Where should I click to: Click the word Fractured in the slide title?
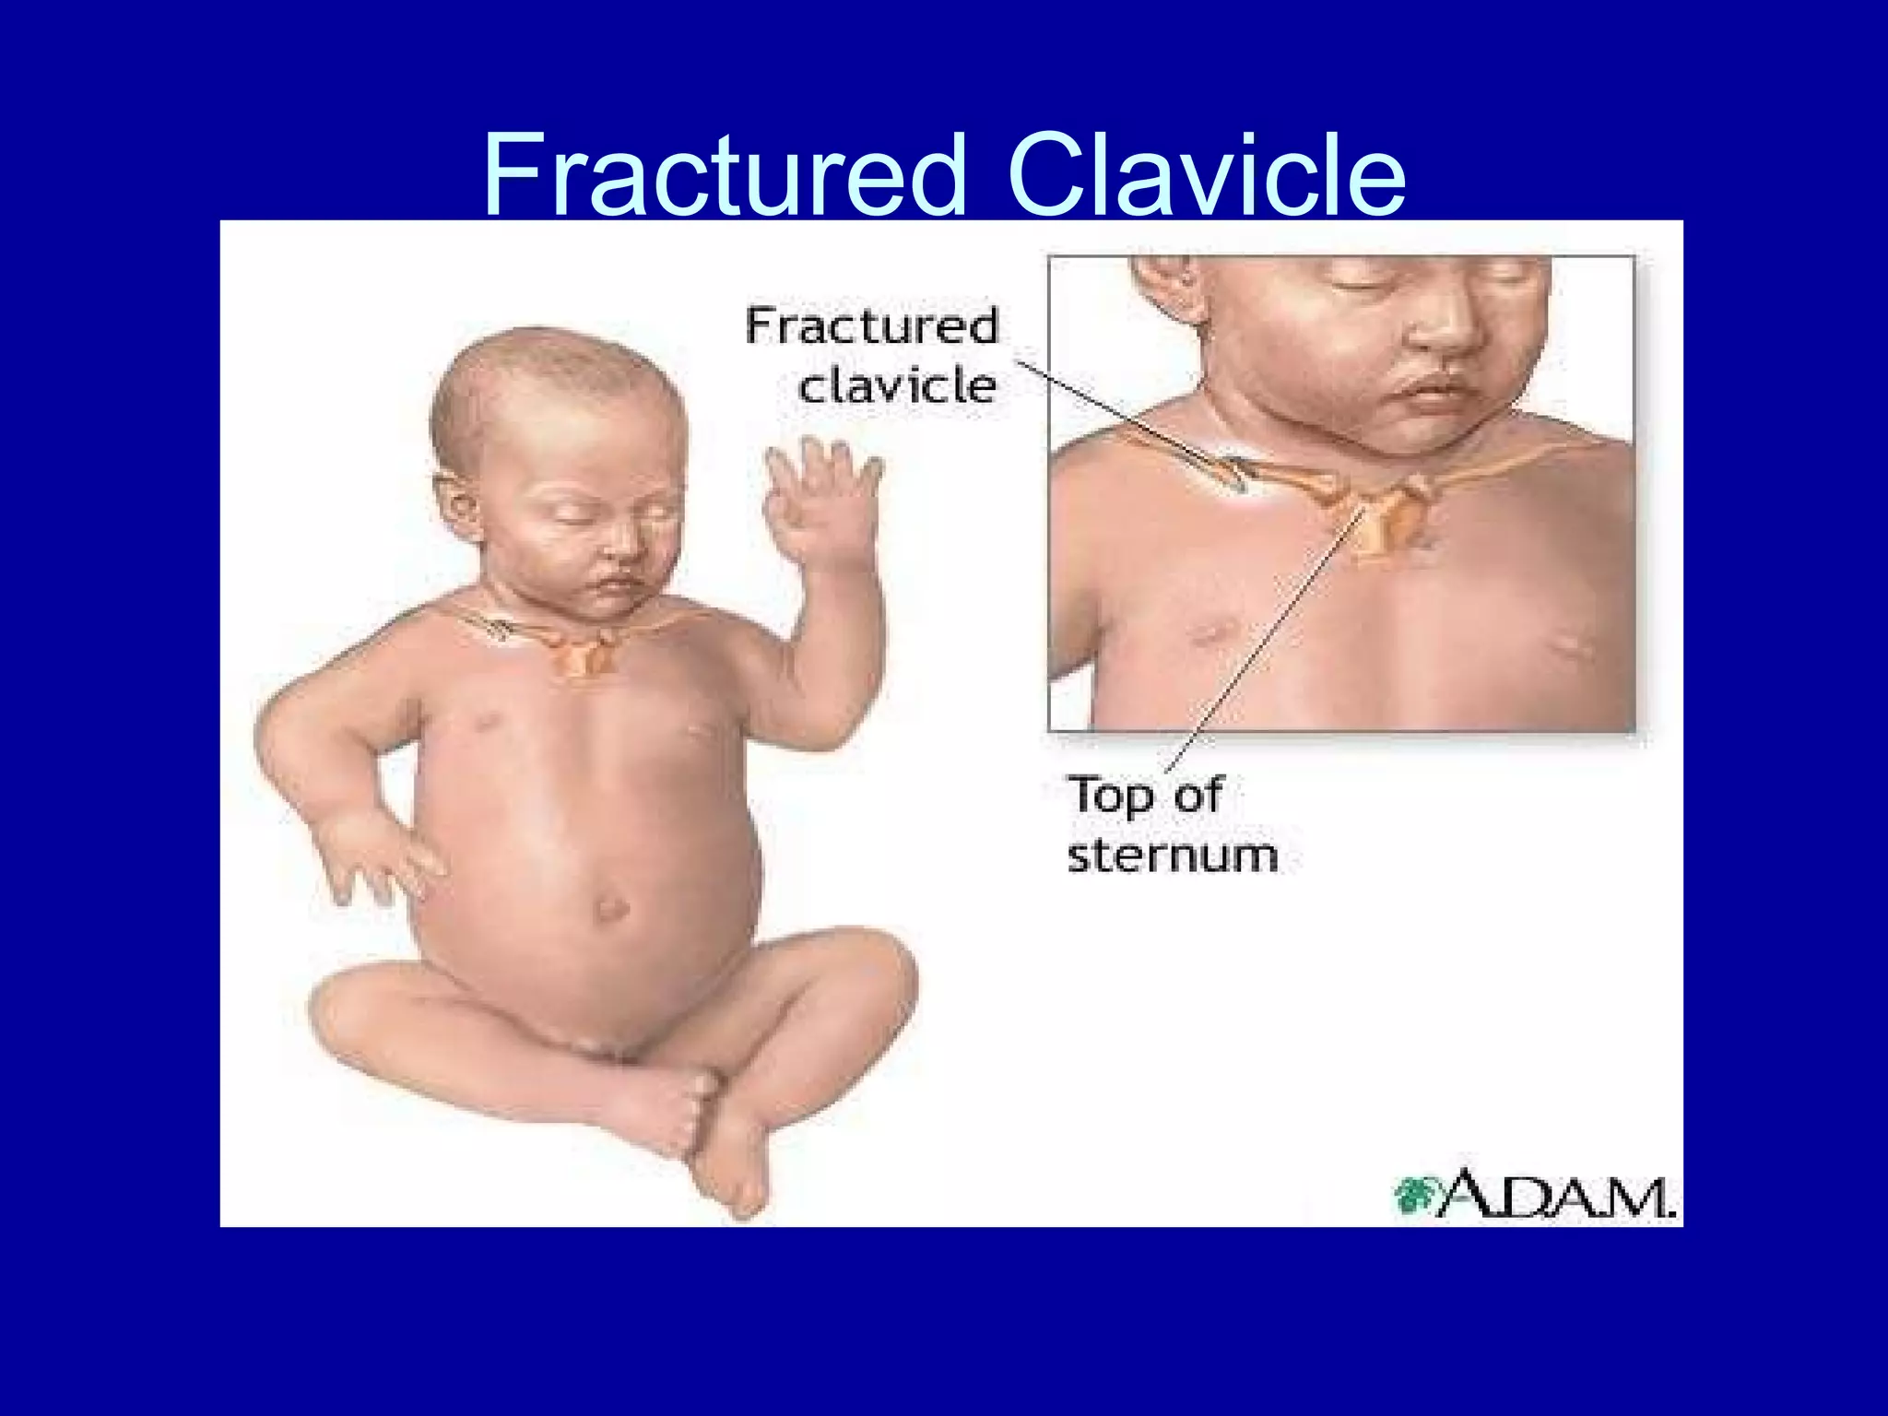(x=725, y=175)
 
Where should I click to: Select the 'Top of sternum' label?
(x=1171, y=824)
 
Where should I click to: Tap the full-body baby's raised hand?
(x=820, y=498)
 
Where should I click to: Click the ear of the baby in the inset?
(x=1166, y=286)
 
